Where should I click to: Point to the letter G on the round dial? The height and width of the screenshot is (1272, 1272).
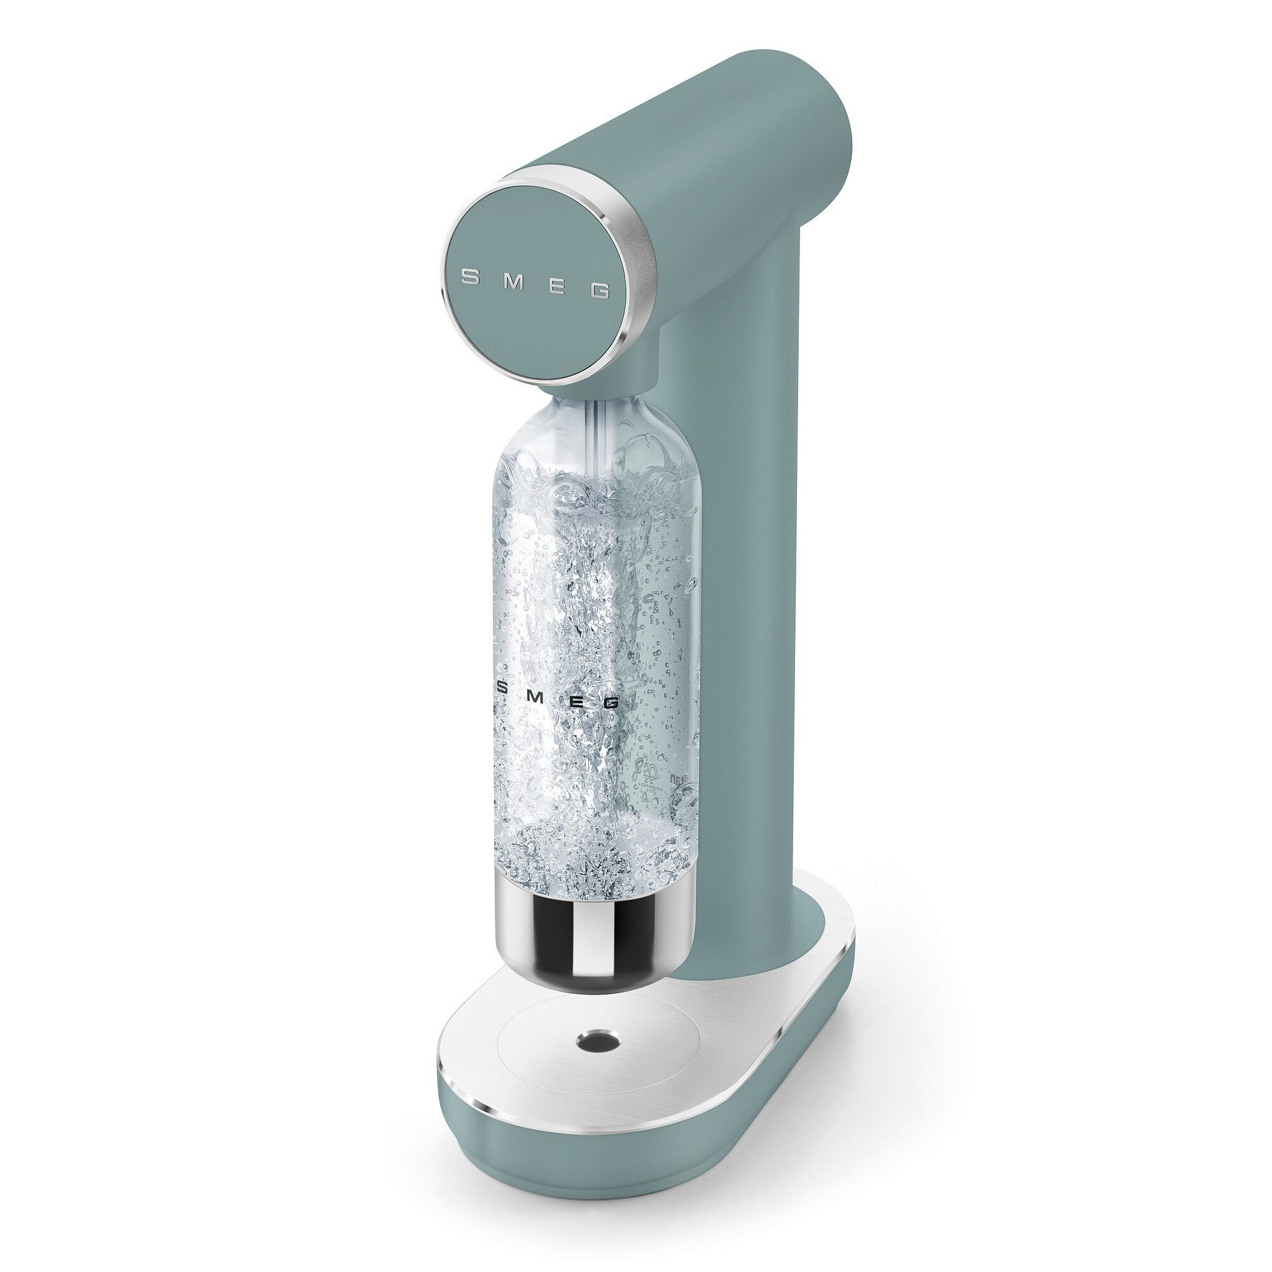point(599,291)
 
